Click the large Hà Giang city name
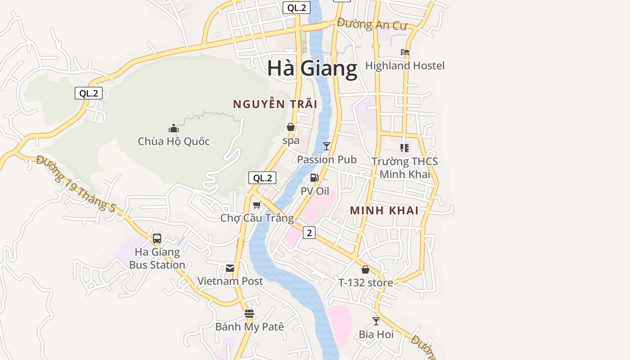coord(312,68)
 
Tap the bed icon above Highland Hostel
coord(405,52)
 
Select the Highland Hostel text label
coord(405,66)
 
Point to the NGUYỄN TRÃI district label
coord(275,104)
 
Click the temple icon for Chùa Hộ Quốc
coord(174,129)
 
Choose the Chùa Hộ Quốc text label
coord(174,141)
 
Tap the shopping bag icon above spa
coord(291,127)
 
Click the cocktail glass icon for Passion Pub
coord(327,146)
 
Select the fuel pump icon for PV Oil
coord(314,178)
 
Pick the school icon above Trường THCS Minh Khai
coord(405,148)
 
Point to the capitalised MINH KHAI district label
coord(384,210)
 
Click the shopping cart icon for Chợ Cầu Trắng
coord(256,205)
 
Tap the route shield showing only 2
coord(309,233)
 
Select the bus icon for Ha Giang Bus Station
coord(157,238)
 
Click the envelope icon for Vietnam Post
coord(230,268)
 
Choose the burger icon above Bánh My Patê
coord(249,314)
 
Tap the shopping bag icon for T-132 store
coord(365,270)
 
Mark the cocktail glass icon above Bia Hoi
coord(376,321)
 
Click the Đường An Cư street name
coord(372,24)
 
